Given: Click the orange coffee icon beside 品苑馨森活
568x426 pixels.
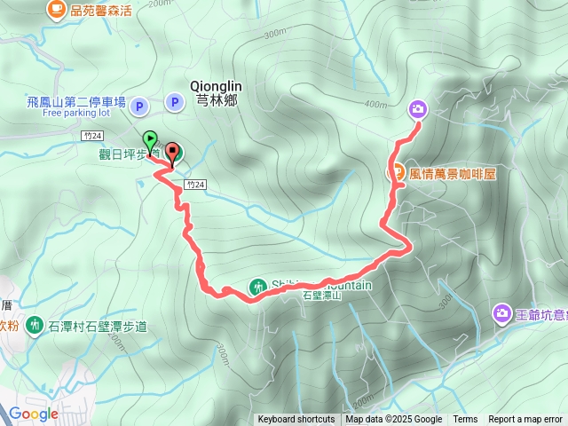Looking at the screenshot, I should (57, 9).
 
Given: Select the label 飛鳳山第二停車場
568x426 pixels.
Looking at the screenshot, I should (75, 102).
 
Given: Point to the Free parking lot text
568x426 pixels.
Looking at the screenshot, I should (75, 113).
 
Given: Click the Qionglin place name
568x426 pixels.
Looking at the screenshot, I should (217, 86).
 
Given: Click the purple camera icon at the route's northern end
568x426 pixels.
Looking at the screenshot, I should (417, 109).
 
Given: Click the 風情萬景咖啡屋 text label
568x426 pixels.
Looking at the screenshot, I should (453, 174).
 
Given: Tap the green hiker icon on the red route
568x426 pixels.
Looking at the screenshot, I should (257, 286).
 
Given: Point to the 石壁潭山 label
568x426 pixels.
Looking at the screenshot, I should (323, 296).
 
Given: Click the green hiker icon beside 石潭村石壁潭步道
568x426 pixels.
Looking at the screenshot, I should (34, 325).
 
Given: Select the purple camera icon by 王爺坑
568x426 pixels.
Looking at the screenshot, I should (502, 313).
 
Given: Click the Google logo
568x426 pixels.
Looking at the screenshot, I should (34, 414).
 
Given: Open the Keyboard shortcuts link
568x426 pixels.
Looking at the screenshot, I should (296, 420).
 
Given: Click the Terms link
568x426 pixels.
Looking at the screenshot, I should (465, 420).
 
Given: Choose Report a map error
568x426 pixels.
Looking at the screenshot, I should (525, 420).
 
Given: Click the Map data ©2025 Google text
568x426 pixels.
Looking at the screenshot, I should (394, 420).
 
